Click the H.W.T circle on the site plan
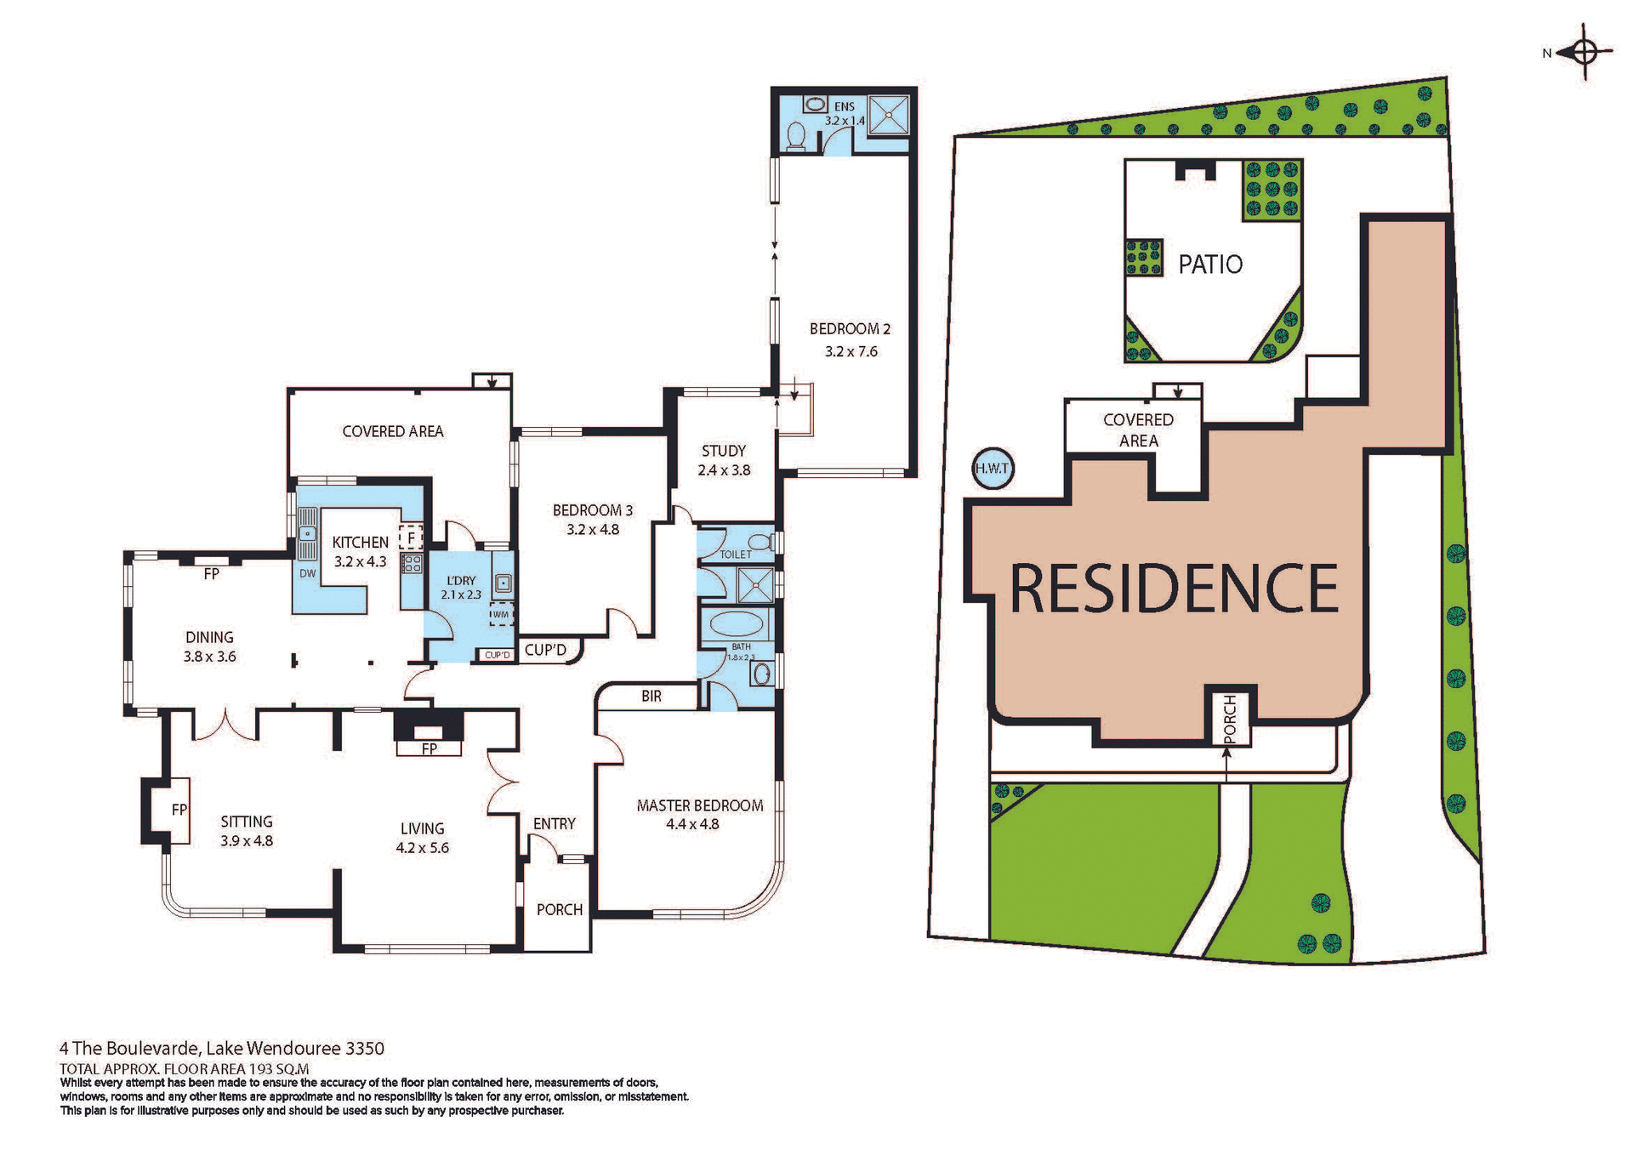click(992, 469)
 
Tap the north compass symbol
click(1585, 53)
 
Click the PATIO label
click(1209, 265)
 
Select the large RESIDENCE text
click(1174, 589)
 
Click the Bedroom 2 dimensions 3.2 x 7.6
click(851, 351)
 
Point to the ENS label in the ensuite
click(844, 107)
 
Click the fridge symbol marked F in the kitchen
click(412, 538)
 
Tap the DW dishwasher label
click(307, 573)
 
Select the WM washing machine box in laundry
click(501, 614)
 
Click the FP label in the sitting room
click(179, 810)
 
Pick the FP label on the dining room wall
click(211, 574)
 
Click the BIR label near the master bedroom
click(651, 697)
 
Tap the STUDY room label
click(723, 451)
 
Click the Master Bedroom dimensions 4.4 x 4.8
click(692, 824)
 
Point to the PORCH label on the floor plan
click(559, 909)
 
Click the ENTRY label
click(554, 823)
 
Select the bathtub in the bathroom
click(736, 624)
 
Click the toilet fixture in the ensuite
click(797, 136)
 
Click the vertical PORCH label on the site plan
click(1230, 719)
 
